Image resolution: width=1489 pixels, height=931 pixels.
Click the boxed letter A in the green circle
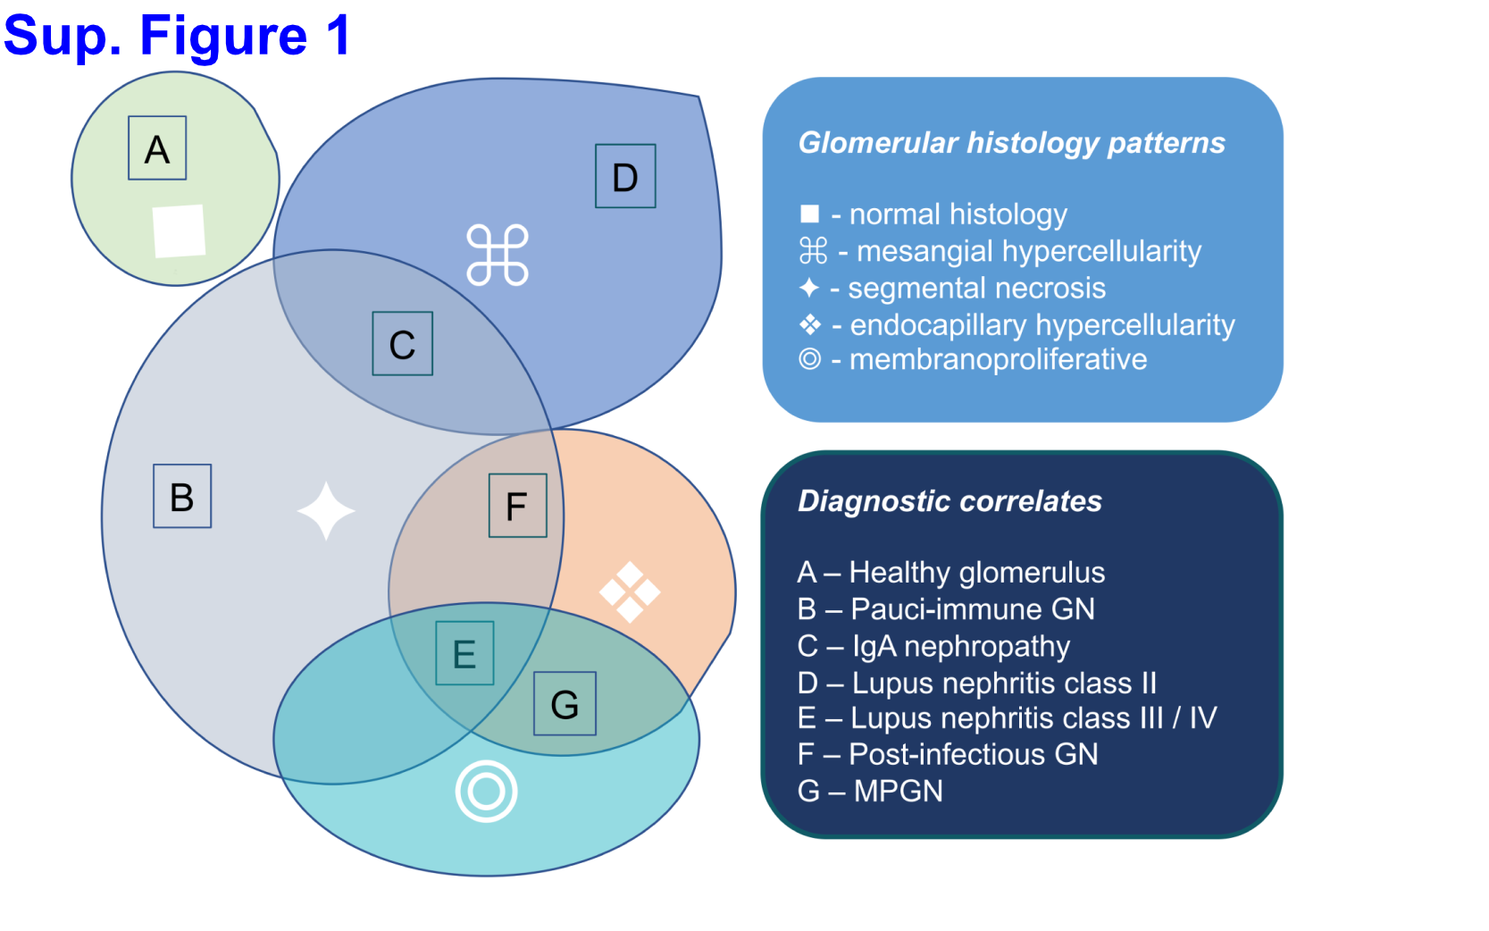coord(157,147)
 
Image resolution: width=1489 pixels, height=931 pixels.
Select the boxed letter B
coord(182,496)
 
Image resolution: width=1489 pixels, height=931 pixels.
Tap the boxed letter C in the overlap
coord(402,343)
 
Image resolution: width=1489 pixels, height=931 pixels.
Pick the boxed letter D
coord(625,175)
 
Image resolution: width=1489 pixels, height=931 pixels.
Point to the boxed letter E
coord(464,653)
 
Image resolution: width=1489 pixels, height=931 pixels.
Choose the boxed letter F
coord(518,506)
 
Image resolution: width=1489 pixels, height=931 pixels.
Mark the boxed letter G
coord(565,703)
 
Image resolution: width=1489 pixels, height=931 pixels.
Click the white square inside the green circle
coord(179,231)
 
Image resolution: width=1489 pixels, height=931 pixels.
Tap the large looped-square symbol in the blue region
coord(498,256)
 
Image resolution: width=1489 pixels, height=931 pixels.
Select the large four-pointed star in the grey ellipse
coord(326,511)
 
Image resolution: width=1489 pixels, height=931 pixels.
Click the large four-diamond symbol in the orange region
coord(630,592)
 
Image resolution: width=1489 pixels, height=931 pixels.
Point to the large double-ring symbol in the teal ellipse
coord(486,792)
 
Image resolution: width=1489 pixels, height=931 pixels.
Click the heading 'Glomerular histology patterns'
coord(1011,144)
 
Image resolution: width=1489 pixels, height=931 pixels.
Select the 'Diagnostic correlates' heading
coord(949,501)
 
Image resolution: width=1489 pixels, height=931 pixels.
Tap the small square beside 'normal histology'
coord(809,214)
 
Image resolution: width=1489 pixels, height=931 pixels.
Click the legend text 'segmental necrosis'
coord(976,289)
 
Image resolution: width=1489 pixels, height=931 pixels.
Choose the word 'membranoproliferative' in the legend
coord(998,360)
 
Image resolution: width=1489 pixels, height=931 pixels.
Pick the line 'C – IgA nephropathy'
coord(933,646)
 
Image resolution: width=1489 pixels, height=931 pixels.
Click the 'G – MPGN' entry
coord(869,792)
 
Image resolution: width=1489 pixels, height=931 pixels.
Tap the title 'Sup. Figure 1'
coord(177,36)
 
